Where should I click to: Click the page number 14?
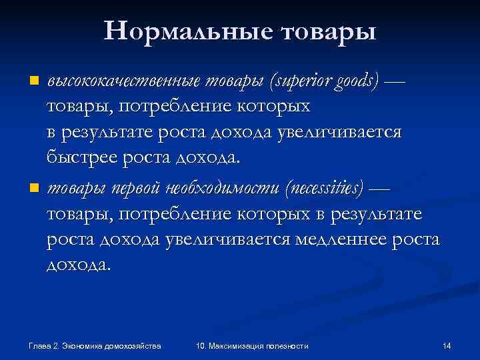coord(447,345)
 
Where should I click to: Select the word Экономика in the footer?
coord(85,345)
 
